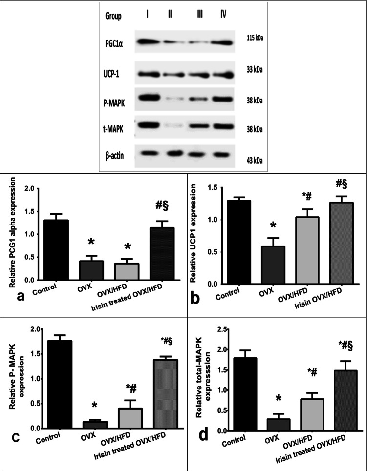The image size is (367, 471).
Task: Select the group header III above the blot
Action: click(x=199, y=16)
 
